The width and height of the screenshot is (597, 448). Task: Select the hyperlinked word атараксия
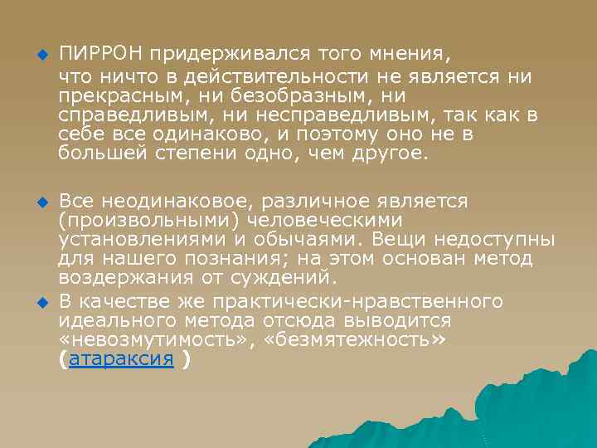pyautogui.click(x=121, y=359)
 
